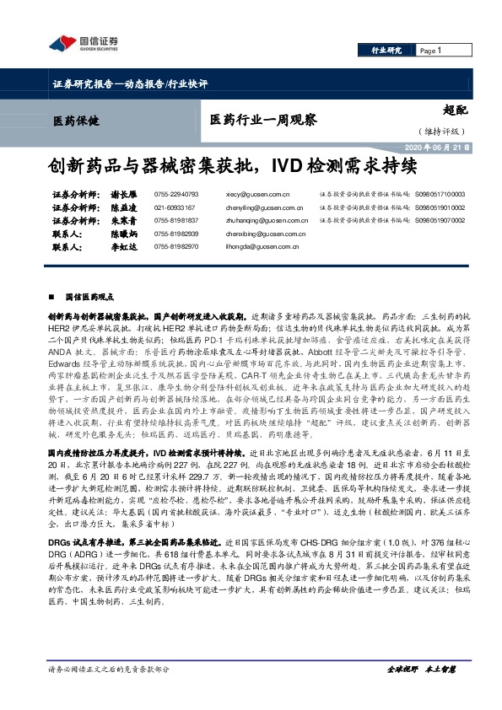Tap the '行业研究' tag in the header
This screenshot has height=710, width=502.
[387, 51]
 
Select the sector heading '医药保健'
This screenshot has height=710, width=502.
[75, 121]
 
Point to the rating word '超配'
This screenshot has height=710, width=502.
[455, 109]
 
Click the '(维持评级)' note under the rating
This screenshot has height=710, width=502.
[440, 132]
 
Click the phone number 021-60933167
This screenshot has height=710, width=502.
[175, 207]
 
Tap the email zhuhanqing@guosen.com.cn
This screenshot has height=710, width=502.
[262, 220]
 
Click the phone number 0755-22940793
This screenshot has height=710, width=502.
[176, 193]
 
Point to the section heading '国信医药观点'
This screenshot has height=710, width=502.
[89, 297]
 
